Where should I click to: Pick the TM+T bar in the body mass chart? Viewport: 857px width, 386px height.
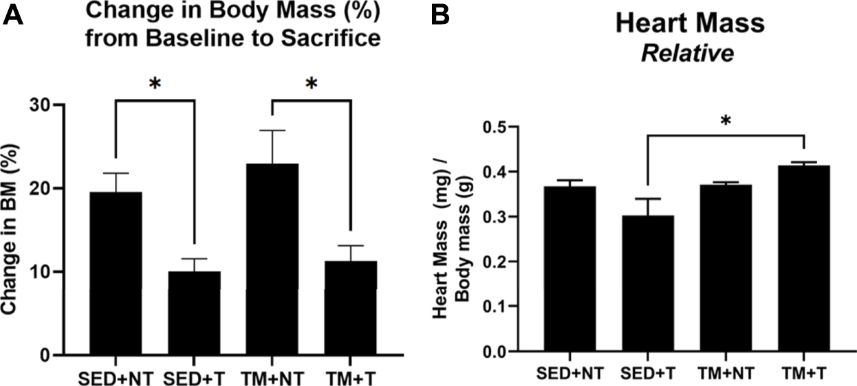tap(351, 308)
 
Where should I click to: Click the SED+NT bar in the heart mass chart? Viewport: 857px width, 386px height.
tap(570, 269)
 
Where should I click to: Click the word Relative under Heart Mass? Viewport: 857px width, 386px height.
tap(688, 54)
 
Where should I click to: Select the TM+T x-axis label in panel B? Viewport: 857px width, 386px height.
tap(803, 373)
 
